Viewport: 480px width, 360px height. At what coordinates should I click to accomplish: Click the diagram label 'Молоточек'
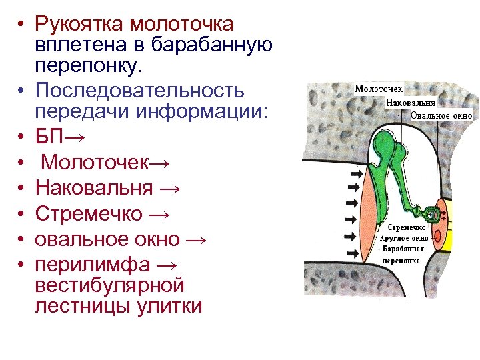(379, 89)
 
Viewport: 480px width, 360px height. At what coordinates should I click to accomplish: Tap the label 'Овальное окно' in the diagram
(441, 115)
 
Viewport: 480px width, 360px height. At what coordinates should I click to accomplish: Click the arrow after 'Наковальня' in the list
(170, 188)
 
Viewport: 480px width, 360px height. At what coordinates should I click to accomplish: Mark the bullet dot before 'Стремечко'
(21, 214)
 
